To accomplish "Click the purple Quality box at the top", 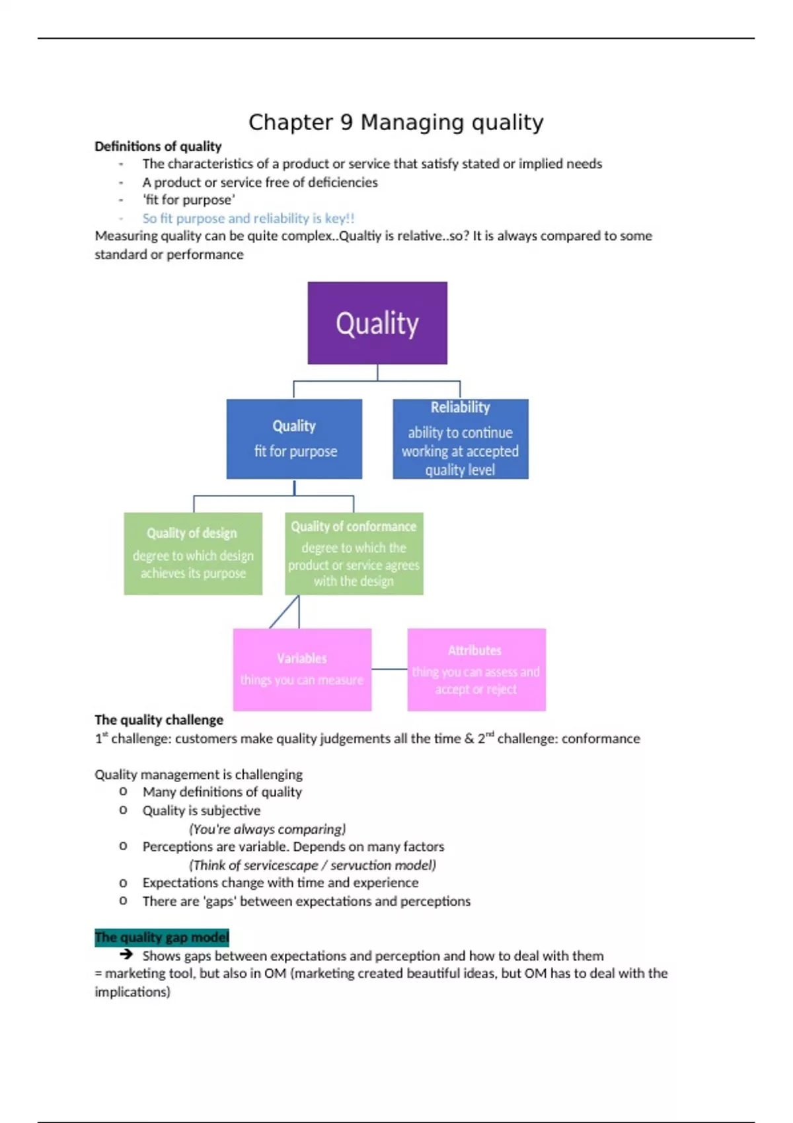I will tap(377, 323).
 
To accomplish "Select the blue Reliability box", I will tap(461, 439).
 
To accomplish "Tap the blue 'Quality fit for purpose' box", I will tap(294, 439).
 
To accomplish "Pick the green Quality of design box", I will tap(193, 554).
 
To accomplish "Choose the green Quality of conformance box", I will tap(354, 554).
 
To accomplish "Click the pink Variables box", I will tap(302, 669).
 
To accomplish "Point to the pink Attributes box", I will tap(476, 669).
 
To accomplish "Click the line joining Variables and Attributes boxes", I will tap(389, 669).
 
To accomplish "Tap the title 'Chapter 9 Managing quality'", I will tap(396, 122).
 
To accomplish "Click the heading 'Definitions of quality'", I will tap(158, 147).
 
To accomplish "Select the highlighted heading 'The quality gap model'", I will tap(162, 937).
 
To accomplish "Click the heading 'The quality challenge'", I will tap(159, 720).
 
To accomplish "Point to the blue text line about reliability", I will tap(248, 219).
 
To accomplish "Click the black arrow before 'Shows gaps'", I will tap(126, 955).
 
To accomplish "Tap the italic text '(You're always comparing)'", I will tap(267, 829).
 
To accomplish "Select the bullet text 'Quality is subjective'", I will tap(202, 811).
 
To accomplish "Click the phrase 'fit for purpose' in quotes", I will tap(189, 200).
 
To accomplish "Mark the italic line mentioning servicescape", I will tap(312, 865).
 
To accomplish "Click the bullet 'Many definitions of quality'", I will tap(222, 792).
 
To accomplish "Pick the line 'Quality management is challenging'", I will tap(198, 774).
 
